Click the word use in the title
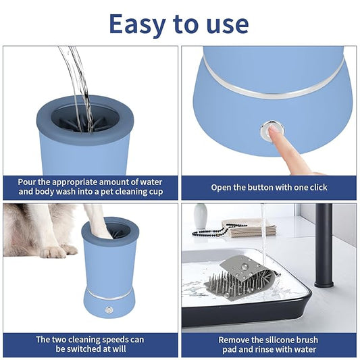pos(227,24)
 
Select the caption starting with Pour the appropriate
pos(91,187)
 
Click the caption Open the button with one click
pos(269,187)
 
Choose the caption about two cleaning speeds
pos(91,345)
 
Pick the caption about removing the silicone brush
pos(269,345)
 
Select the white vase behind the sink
pos(201,217)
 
